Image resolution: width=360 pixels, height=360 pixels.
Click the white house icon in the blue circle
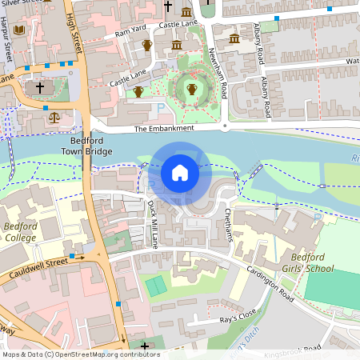click(x=180, y=172)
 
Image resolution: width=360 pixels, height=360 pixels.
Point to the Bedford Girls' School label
click(x=300, y=262)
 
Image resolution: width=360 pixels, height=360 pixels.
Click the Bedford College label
click(x=22, y=233)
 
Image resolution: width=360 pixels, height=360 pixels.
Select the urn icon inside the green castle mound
click(x=191, y=90)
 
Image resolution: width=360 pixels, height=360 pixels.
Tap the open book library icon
click(x=20, y=30)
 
